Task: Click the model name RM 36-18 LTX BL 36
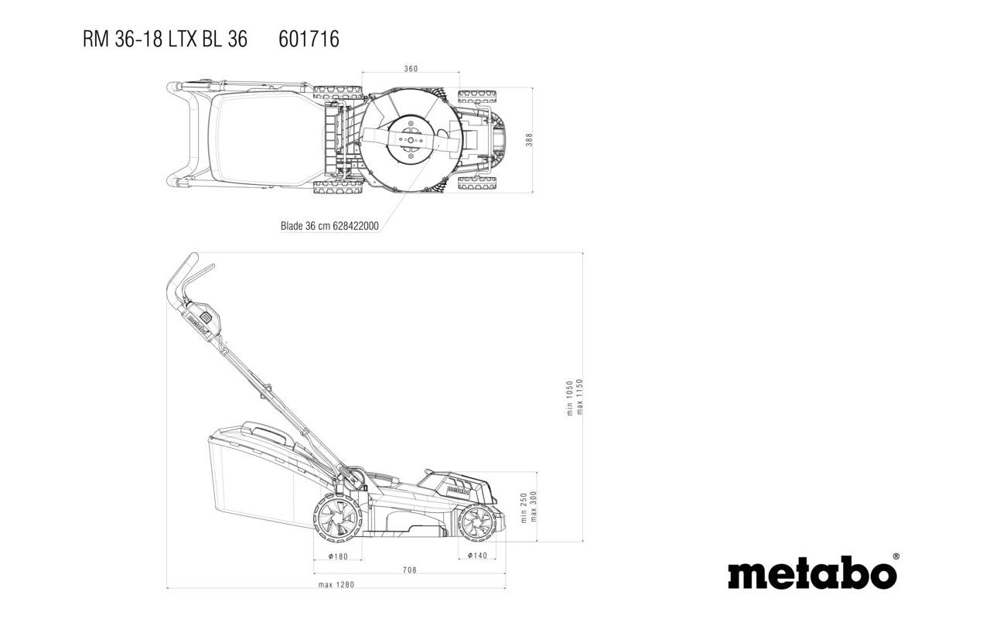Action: [165, 39]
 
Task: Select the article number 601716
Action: [309, 39]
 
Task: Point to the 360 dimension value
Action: [411, 69]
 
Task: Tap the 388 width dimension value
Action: [529, 140]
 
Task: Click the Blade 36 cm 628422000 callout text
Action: [329, 226]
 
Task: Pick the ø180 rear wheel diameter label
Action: [338, 556]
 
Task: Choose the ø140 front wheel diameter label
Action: [476, 556]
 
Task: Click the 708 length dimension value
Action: [409, 570]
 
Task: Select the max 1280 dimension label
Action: [336, 585]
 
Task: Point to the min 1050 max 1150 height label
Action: [575, 397]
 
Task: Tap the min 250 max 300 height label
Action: [528, 507]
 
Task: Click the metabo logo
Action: [811, 573]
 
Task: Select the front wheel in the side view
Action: [476, 522]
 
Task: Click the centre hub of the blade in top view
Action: [410, 141]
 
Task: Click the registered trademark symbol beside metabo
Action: [896, 556]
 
